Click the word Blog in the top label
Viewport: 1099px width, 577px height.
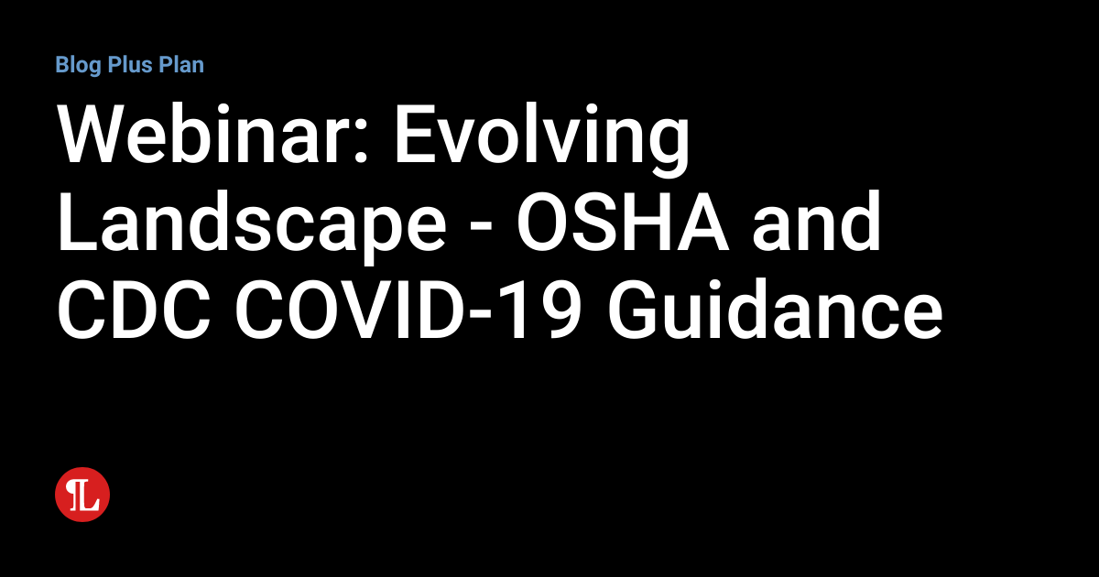coord(76,65)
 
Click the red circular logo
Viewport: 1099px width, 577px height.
coord(82,495)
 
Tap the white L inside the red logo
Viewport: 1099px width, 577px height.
coord(85,495)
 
